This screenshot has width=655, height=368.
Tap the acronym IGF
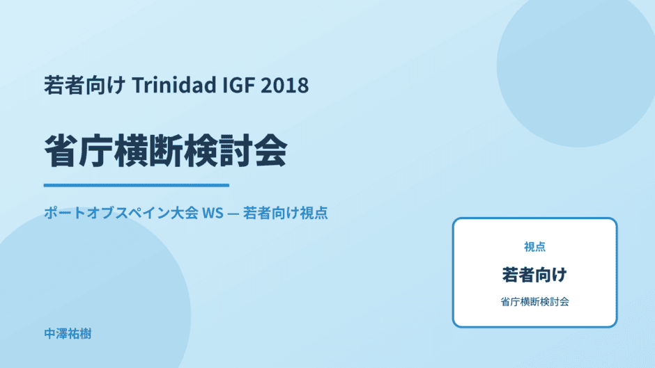point(238,85)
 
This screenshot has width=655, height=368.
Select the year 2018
point(285,85)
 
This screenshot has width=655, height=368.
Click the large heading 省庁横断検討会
point(165,151)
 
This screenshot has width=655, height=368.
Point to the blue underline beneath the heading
point(136,185)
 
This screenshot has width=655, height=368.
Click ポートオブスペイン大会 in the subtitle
point(121,213)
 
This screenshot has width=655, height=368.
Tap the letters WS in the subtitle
point(213,213)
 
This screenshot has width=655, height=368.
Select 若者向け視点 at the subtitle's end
point(285,213)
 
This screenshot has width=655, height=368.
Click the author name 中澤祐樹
point(68,334)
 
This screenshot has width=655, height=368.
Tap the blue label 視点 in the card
point(534,247)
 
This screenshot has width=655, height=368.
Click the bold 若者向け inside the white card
point(534,275)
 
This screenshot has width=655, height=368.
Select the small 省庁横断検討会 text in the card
point(534,302)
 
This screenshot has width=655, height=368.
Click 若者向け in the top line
point(84,85)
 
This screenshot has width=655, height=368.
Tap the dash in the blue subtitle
point(233,214)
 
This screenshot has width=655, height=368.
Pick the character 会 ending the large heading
point(270,151)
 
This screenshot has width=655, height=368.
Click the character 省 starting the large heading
point(61,151)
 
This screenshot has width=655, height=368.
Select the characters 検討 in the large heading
point(217,151)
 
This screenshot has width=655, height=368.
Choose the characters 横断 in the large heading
point(148,151)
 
